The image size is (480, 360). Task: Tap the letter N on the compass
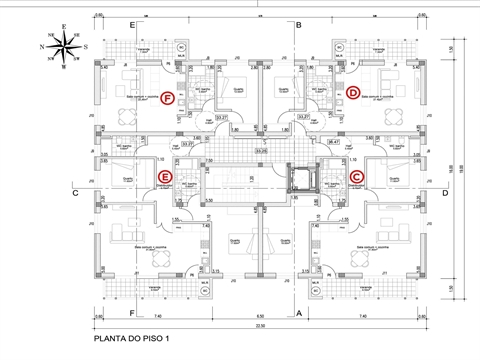click(x=41, y=45)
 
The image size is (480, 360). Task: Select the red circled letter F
click(x=168, y=96)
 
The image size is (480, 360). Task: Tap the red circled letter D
click(x=353, y=93)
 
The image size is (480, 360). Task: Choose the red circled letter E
click(x=166, y=177)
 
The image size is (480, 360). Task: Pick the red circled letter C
click(x=357, y=177)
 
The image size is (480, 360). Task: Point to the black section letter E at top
click(x=132, y=23)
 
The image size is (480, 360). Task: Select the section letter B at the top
click(x=299, y=23)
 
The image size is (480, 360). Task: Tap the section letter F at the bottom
click(x=132, y=312)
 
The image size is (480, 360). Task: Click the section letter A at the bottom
click(x=299, y=312)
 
